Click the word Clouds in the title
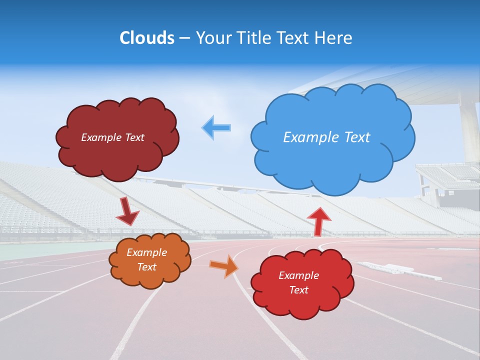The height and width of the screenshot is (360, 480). click(x=147, y=38)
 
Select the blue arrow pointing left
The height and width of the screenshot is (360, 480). click(x=216, y=127)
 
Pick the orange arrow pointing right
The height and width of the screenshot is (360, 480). click(x=224, y=265)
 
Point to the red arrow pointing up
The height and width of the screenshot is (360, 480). click(x=318, y=220)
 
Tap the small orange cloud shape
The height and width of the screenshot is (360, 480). click(x=150, y=280)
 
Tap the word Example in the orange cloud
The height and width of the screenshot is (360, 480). click(x=147, y=252)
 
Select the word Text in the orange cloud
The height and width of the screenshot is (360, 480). click(x=147, y=267)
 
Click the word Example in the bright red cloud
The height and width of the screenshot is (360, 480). click(x=299, y=275)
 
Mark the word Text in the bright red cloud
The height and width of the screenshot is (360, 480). click(x=299, y=290)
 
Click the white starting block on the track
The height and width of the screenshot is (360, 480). click(x=387, y=268)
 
